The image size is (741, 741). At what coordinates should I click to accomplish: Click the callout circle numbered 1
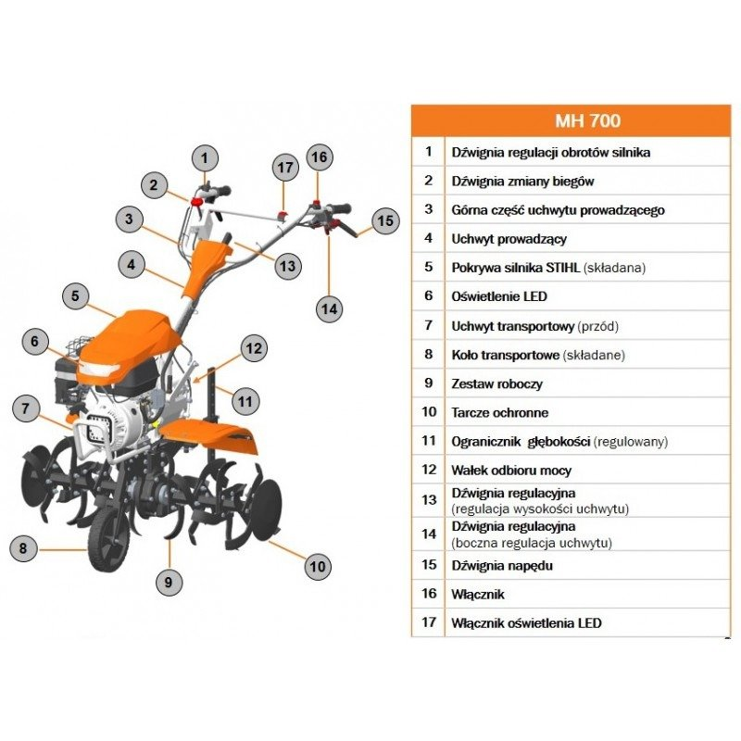(206, 157)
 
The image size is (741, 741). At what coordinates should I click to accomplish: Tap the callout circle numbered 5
(77, 297)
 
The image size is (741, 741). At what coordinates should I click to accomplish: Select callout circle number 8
(24, 548)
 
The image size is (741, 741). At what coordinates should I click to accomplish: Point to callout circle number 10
(318, 566)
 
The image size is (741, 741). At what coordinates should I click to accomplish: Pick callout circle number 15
(384, 220)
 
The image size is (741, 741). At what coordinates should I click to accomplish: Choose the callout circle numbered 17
(284, 168)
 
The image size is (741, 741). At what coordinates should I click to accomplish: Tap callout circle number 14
(328, 308)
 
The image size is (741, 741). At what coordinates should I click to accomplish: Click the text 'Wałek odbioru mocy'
(509, 470)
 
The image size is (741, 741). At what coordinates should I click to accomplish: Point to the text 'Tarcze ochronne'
(499, 412)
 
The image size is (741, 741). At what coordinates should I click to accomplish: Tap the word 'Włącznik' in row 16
(478, 594)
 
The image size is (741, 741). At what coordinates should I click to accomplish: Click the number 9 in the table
(428, 383)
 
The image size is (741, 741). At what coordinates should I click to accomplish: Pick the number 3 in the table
(428, 209)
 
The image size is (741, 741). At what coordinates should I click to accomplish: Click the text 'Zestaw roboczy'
(497, 383)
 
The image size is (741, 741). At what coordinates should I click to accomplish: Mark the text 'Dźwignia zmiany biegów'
(522, 181)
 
